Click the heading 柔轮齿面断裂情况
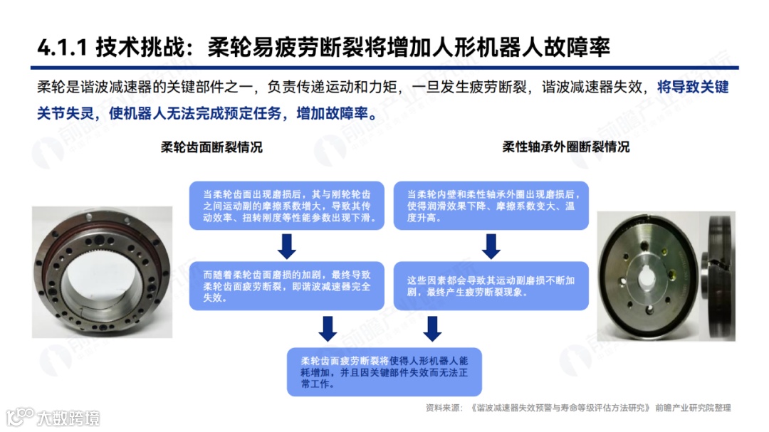coord(211,147)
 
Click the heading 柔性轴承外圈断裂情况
coord(566,147)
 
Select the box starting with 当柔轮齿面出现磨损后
coord(286,205)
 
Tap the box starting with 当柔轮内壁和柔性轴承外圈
coord(491,205)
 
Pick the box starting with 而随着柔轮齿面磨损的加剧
coord(286,286)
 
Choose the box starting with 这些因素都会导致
coord(491,286)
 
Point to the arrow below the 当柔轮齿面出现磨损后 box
coord(286,246)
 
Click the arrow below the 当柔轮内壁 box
coord(491,246)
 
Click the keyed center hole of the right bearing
coord(649,272)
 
